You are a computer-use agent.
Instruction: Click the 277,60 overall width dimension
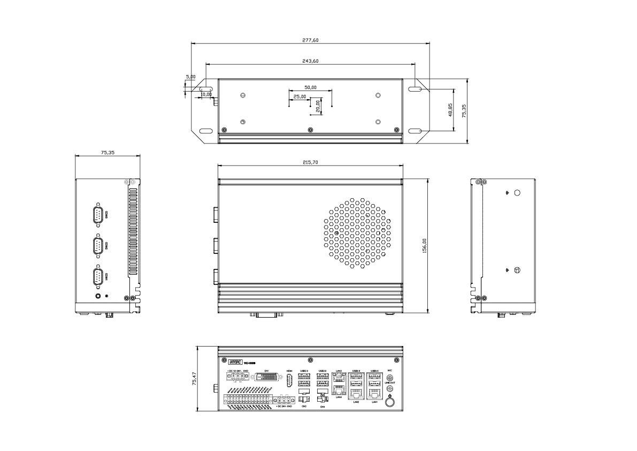click(310, 40)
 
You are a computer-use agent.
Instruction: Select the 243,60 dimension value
click(310, 61)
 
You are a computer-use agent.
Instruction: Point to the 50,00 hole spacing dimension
click(310, 87)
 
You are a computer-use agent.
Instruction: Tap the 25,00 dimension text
click(300, 97)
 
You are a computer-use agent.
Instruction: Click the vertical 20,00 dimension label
click(318, 106)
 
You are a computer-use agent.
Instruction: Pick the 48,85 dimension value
click(450, 110)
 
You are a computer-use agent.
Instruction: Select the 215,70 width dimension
click(310, 162)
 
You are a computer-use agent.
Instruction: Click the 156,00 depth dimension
click(425, 246)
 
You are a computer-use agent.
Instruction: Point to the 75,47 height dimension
click(194, 379)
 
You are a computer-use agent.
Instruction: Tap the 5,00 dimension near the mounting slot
click(190, 77)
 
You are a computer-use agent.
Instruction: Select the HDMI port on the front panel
click(289, 381)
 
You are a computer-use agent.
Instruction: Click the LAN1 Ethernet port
click(375, 394)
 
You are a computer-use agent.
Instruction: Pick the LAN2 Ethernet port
click(356, 394)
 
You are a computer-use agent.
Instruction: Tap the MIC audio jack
click(390, 377)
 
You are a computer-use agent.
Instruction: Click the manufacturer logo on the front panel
click(235, 362)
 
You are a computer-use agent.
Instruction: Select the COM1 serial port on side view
click(98, 277)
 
